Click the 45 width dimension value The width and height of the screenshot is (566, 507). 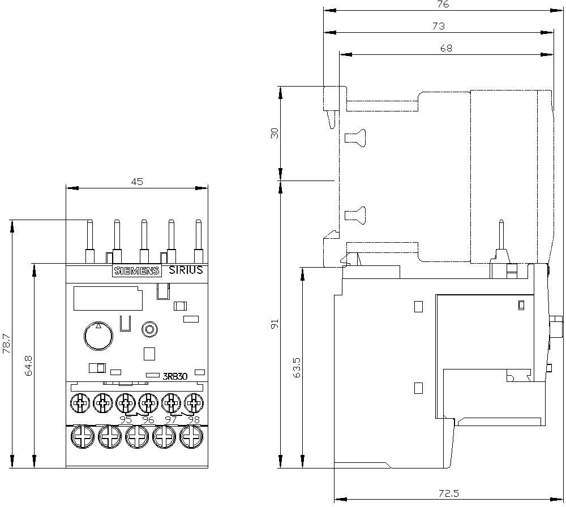point(137,182)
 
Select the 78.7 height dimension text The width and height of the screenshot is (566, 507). point(6,344)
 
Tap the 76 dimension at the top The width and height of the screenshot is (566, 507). point(443,4)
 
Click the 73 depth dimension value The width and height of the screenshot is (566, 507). point(439,26)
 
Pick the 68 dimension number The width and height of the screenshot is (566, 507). point(446,49)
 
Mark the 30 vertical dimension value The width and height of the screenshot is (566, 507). point(275,134)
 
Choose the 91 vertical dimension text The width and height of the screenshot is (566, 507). point(275,324)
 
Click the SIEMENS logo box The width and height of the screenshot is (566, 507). point(136,270)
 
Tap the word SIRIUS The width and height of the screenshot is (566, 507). point(186,270)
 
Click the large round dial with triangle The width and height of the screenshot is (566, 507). point(98,336)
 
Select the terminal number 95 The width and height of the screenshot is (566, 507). point(126,419)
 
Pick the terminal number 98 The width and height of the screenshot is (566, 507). point(194,419)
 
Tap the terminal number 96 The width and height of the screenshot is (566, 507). point(148,419)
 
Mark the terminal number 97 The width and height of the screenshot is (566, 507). point(170,419)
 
